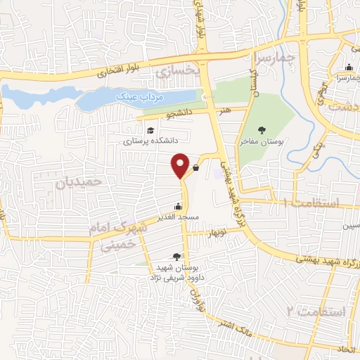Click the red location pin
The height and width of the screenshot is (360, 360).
click(180, 165)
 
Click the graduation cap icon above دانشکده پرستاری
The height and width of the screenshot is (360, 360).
click(149, 130)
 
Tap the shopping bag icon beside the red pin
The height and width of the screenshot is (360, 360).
click(195, 167)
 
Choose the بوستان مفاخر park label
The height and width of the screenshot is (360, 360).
click(262, 141)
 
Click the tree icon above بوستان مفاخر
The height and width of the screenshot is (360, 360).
click(262, 130)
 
